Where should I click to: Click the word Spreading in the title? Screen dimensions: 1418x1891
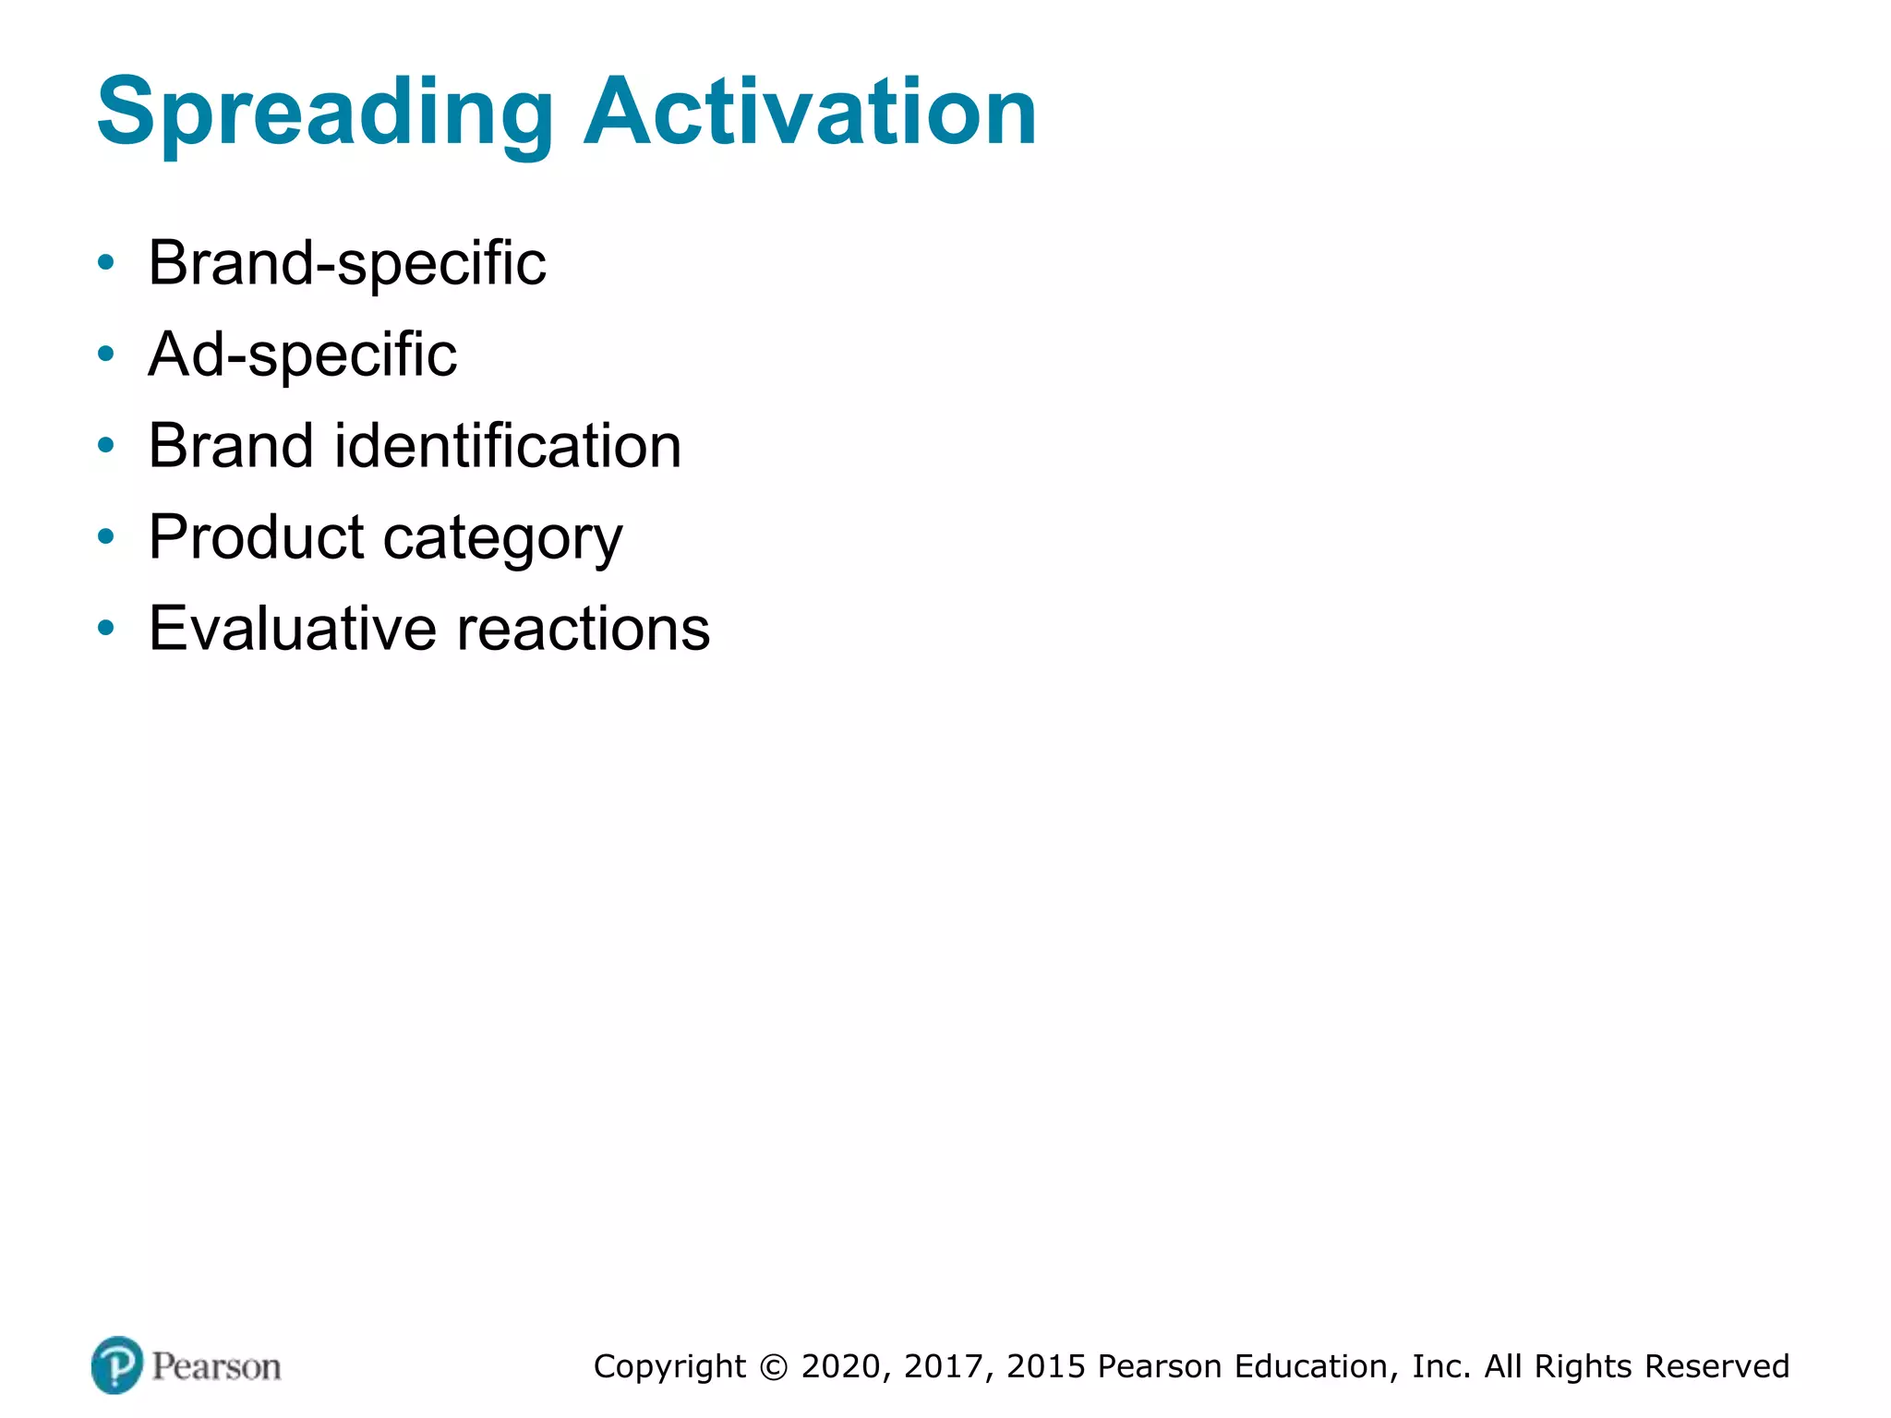click(324, 113)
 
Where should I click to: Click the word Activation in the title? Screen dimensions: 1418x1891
click(810, 113)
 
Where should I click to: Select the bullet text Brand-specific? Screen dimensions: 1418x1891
click(347, 264)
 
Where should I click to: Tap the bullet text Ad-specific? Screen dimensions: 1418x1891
click(303, 355)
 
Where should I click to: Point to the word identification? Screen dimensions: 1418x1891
click(507, 446)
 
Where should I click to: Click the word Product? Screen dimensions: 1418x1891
click(257, 537)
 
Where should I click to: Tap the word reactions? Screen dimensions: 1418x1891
click(584, 629)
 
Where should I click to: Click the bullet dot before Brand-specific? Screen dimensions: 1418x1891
click(106, 263)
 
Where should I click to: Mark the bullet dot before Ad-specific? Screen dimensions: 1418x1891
click(106, 354)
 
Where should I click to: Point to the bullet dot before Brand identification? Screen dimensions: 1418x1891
click(106, 446)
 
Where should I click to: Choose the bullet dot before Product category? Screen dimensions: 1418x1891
click(106, 536)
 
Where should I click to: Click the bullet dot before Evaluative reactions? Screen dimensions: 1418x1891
click(106, 629)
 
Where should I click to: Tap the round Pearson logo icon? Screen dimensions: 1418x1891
click(117, 1364)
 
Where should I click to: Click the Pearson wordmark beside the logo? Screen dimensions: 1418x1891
click(216, 1366)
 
